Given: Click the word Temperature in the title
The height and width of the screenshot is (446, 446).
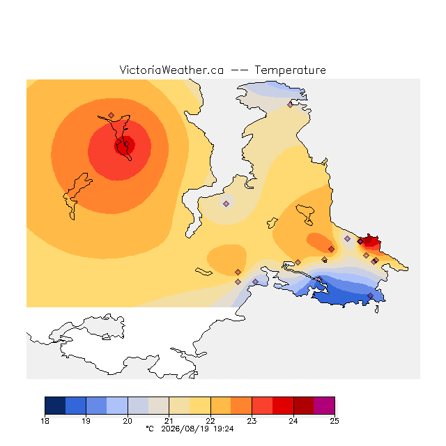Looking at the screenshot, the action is (x=290, y=70).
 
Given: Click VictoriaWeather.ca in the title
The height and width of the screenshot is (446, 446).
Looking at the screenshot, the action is (x=171, y=70).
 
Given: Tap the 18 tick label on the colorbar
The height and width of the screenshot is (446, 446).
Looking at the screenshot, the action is (x=45, y=421).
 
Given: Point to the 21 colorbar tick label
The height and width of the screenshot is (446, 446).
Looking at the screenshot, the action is (x=169, y=421).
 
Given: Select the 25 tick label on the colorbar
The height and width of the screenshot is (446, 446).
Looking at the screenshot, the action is (x=334, y=421).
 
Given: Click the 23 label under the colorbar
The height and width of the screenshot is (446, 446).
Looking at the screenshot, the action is (x=252, y=421).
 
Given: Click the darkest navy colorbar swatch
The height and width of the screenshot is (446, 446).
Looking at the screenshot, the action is (x=55, y=406).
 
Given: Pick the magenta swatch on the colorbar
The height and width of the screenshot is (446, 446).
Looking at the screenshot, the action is (x=324, y=406).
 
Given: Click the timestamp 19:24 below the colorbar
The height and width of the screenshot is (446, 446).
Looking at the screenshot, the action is (x=224, y=429).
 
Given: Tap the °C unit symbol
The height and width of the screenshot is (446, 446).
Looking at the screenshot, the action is (x=150, y=429).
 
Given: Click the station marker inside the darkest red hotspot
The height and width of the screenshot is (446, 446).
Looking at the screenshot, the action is (x=127, y=144).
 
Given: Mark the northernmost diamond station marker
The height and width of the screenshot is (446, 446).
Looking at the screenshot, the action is (x=290, y=105).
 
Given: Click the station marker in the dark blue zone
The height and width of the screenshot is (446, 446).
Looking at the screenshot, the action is (x=370, y=295).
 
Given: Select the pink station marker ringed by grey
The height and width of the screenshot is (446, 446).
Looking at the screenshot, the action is (x=226, y=203).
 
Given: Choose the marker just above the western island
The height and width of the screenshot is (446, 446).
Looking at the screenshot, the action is (x=111, y=115).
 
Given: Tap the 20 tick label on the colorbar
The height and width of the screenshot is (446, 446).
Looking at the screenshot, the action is (x=128, y=421).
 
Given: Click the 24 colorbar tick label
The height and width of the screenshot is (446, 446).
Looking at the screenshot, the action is (x=293, y=421).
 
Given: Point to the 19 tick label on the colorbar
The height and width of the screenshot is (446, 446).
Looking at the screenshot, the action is (x=86, y=421).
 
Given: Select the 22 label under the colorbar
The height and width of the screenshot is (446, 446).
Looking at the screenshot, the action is (x=210, y=421).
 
